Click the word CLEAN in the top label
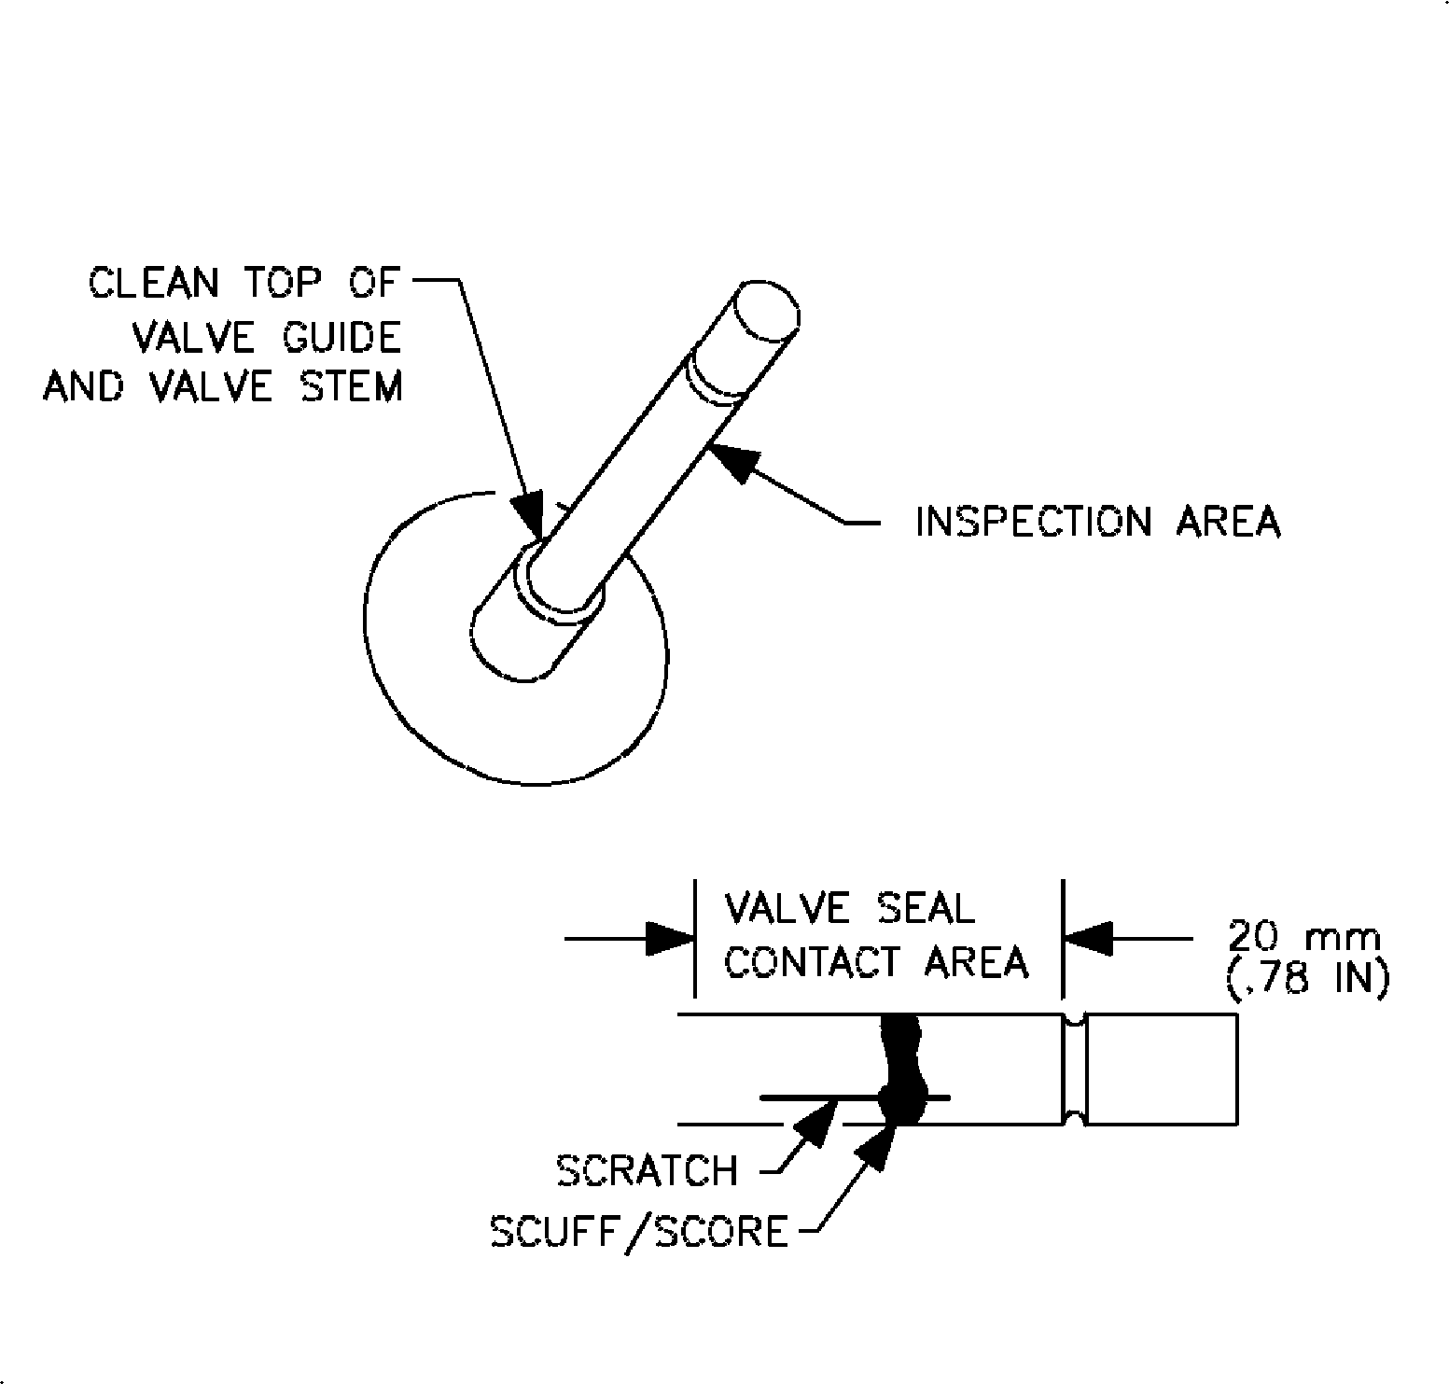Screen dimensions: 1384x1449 (153, 283)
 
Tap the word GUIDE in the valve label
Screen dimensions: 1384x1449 (342, 337)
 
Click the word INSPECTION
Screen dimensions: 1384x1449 (1034, 522)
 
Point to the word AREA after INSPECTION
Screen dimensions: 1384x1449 (1228, 522)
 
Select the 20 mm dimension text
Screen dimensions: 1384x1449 (1302, 935)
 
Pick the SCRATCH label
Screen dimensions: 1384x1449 (647, 1170)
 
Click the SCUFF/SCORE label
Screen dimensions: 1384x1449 (639, 1233)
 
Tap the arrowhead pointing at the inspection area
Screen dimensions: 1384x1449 (731, 461)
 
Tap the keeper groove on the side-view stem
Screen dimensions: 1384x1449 (1075, 1069)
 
